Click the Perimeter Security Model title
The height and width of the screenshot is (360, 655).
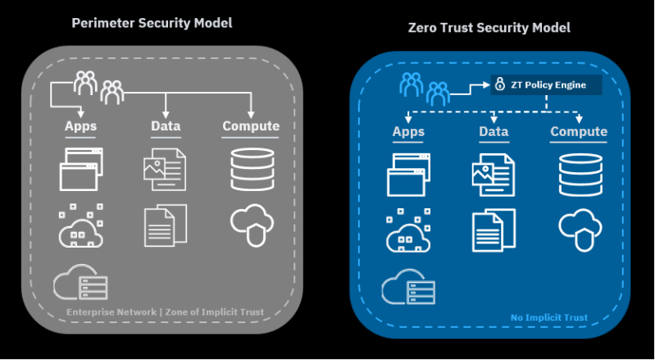click(x=152, y=23)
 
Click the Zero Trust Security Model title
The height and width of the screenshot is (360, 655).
click(x=489, y=28)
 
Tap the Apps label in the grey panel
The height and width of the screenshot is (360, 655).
click(x=81, y=126)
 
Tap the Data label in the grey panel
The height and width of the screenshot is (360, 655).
click(x=166, y=126)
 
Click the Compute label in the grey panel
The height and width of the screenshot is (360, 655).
click(x=251, y=126)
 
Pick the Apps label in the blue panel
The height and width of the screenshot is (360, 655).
click(x=408, y=132)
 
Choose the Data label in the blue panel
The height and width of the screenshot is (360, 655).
click(x=494, y=132)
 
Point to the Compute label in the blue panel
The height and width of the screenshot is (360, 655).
click(x=579, y=132)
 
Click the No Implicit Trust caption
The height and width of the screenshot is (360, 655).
click(x=549, y=317)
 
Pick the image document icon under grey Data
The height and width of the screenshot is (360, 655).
click(x=164, y=169)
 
